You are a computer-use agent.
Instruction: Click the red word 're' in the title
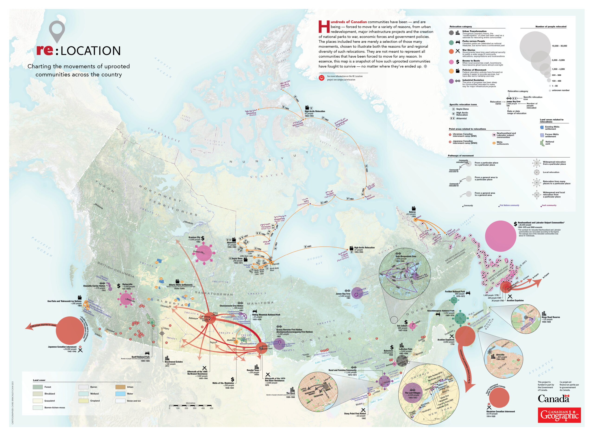pos(45,50)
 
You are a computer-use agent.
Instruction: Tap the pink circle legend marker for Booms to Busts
pos(451,62)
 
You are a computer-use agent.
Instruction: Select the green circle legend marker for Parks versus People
pos(451,43)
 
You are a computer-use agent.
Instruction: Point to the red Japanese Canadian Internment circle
pos(70,330)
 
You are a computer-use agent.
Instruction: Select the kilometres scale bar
pos(190,405)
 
